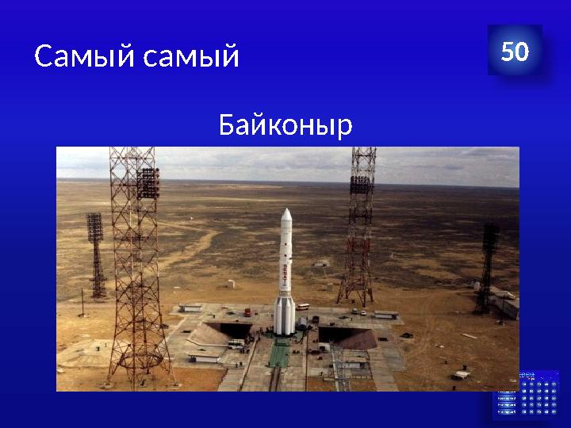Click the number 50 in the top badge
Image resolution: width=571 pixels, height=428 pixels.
pyautogui.click(x=515, y=52)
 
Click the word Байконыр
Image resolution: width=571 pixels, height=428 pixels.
pyautogui.click(x=285, y=124)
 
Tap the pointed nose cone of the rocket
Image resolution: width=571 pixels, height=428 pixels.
pyautogui.click(x=286, y=216)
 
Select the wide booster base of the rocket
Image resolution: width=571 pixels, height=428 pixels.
pyautogui.click(x=284, y=315)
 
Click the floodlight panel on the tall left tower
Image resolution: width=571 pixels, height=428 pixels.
pyautogui.click(x=148, y=183)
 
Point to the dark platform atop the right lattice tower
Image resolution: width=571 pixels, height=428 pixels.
pyautogui.click(x=361, y=185)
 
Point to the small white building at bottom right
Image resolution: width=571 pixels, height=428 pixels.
pyautogui.click(x=462, y=374)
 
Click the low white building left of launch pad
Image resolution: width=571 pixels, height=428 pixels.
pyautogui.click(x=190, y=308)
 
